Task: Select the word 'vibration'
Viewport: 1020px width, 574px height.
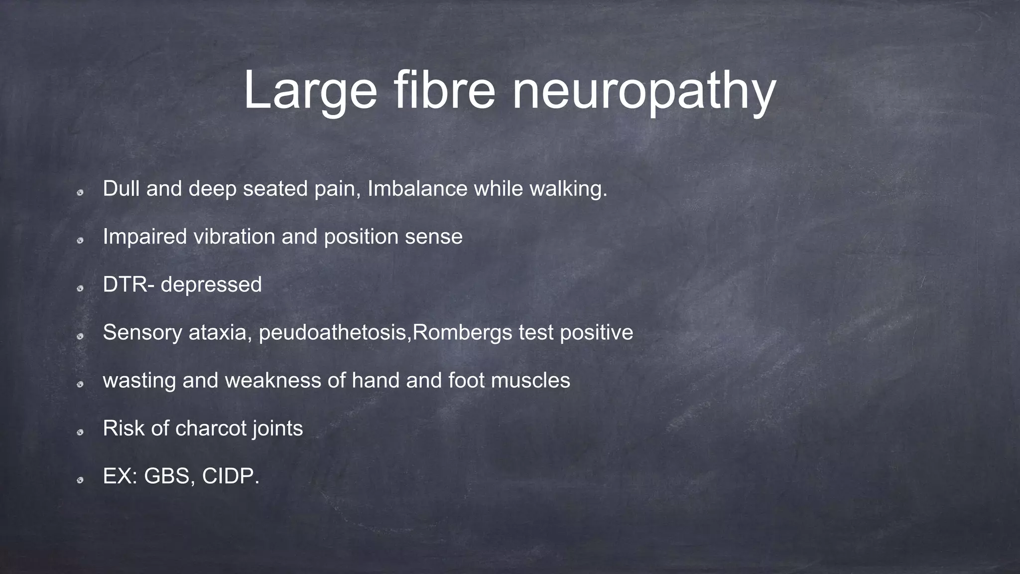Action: pos(234,237)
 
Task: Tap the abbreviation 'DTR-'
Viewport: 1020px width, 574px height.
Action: pos(128,285)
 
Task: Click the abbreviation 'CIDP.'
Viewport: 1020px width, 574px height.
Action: pos(231,476)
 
